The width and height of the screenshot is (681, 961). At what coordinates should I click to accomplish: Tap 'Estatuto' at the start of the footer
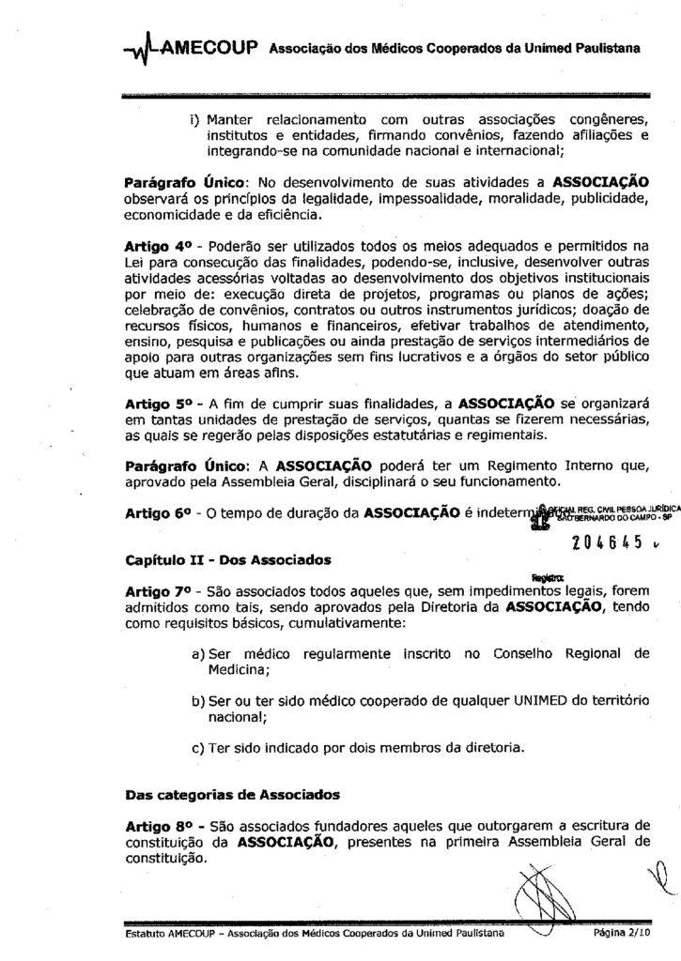[145, 936]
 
